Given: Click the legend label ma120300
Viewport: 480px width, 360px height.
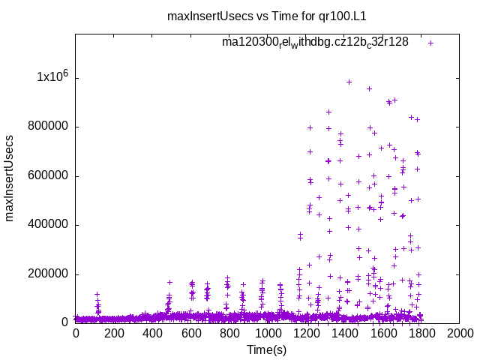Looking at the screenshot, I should [x=315, y=43].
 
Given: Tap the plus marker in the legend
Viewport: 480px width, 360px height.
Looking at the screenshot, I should [x=431, y=43].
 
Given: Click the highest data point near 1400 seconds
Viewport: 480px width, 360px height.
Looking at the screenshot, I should [x=349, y=82].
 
